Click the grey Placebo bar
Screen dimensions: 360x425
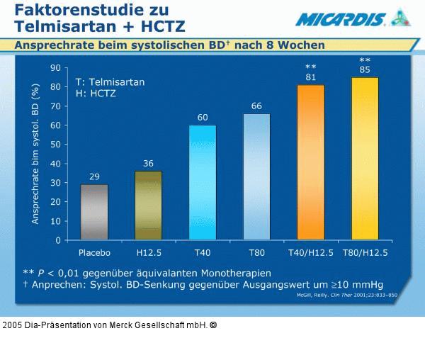[x=94, y=212]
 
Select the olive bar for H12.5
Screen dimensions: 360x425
[x=148, y=206]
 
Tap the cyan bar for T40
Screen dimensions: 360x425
[x=203, y=182]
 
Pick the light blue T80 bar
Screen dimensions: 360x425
[x=256, y=176]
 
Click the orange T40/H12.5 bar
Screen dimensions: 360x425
[x=310, y=162]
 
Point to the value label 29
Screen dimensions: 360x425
[x=94, y=176]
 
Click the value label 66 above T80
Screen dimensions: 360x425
[x=256, y=106]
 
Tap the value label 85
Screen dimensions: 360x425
[x=365, y=69]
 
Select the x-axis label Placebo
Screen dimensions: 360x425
[x=94, y=252]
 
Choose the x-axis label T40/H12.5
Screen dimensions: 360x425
[x=310, y=252]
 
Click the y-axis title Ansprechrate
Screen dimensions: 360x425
[x=35, y=153]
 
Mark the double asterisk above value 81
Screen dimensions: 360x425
[x=310, y=67]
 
